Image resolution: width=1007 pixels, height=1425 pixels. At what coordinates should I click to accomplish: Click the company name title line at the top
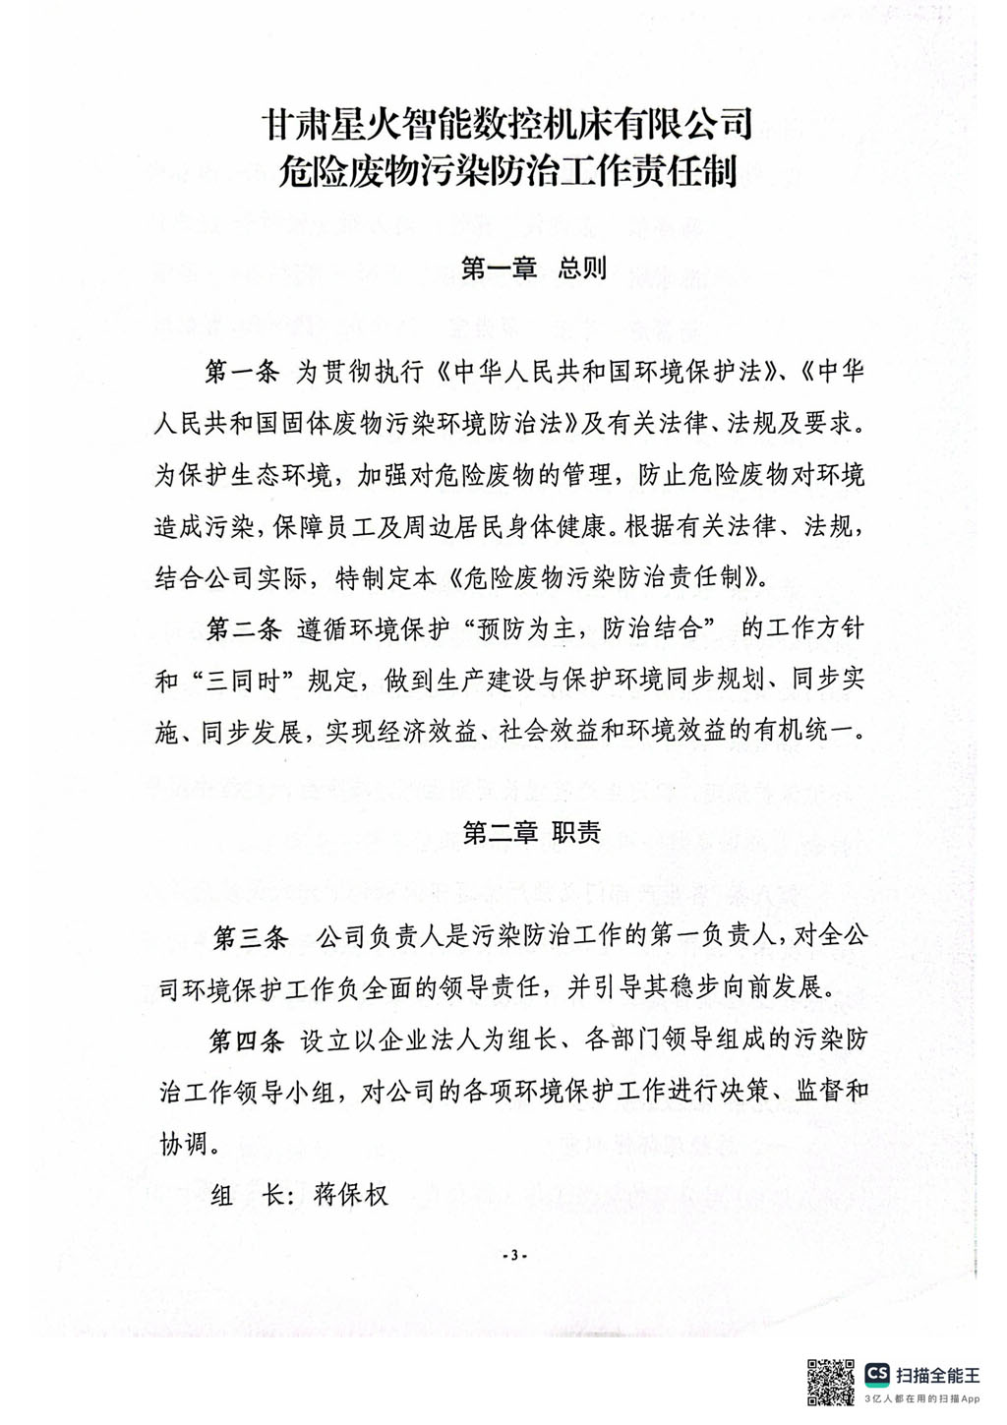tap(506, 124)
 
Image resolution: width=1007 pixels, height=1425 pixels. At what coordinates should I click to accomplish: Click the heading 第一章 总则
tap(534, 267)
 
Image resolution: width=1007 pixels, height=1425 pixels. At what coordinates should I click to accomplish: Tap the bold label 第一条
tap(242, 372)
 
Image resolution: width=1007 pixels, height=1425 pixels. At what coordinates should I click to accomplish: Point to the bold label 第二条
tap(243, 628)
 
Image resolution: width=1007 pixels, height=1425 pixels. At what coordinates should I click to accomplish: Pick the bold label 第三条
tap(251, 937)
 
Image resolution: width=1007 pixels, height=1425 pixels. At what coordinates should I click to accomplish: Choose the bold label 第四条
tap(246, 1040)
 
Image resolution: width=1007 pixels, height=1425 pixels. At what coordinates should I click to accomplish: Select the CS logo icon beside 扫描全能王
tap(876, 1374)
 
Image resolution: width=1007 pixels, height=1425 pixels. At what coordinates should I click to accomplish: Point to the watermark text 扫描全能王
tap(937, 1375)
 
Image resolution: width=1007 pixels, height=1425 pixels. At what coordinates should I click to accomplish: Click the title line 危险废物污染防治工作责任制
tap(506, 173)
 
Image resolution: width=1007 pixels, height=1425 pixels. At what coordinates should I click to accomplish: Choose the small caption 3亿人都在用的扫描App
tap(922, 1398)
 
